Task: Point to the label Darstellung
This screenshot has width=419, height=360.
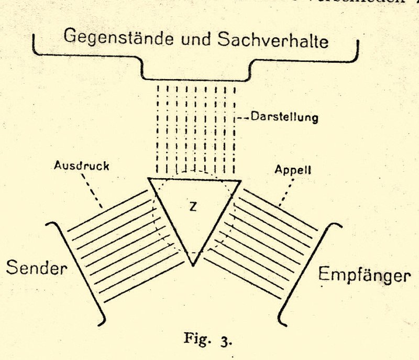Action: coord(284,117)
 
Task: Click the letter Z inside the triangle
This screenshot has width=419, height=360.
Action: coord(193,207)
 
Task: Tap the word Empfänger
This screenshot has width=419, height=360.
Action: coord(363,275)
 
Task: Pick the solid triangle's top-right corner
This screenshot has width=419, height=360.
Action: coord(240,181)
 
